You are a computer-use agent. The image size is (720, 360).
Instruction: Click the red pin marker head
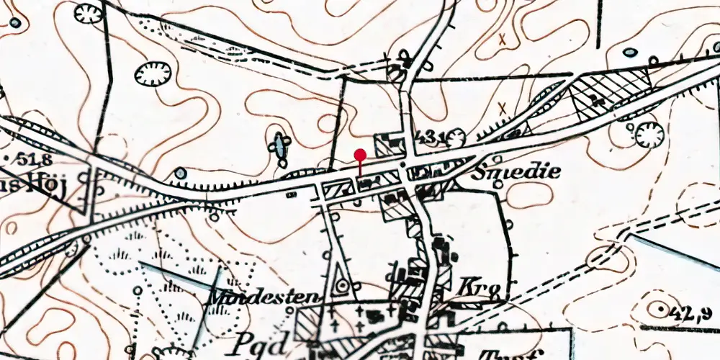click(360, 154)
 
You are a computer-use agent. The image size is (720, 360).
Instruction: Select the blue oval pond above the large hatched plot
click(630, 53)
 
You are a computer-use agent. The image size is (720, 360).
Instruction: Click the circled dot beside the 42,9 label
click(658, 308)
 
